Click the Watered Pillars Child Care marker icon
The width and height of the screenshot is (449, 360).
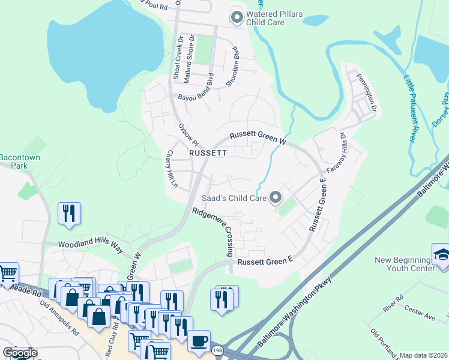[237, 17]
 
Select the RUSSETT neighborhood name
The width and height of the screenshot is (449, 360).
[208, 153]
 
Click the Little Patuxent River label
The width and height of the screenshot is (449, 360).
[409, 109]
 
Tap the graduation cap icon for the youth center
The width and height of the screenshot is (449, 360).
[441, 253]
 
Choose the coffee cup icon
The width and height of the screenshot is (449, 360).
[199, 341]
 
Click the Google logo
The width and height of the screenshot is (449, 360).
[20, 353]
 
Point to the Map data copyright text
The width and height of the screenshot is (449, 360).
[423, 355]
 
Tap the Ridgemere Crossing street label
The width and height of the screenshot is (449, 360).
[212, 232]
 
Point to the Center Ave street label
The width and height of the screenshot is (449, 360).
[418, 314]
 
